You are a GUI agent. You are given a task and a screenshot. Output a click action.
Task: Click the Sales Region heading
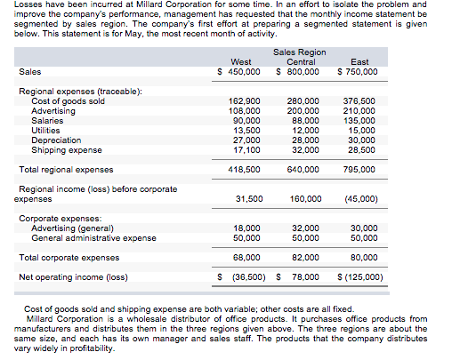point(300,52)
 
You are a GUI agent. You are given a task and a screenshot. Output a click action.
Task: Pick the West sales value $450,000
point(239,71)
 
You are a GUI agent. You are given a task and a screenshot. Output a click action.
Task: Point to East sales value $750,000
point(359,71)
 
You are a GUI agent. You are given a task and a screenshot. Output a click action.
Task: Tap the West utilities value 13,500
point(245,130)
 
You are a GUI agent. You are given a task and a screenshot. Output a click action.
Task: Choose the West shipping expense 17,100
point(245,149)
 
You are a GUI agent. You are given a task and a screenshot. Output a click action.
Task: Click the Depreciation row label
point(56,140)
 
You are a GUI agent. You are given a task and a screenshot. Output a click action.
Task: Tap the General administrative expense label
point(93,237)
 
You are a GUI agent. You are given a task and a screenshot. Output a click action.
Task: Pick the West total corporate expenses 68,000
point(245,257)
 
